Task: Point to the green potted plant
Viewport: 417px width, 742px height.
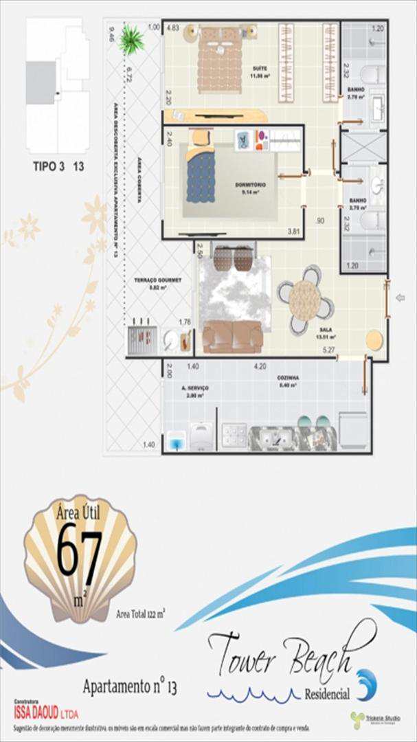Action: tap(130, 39)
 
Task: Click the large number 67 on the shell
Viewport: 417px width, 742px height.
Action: tap(79, 550)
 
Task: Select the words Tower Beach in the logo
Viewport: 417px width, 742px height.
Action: tap(289, 652)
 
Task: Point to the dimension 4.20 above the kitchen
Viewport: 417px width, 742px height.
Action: tap(260, 366)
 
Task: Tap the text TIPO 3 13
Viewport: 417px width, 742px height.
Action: tap(59, 166)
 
